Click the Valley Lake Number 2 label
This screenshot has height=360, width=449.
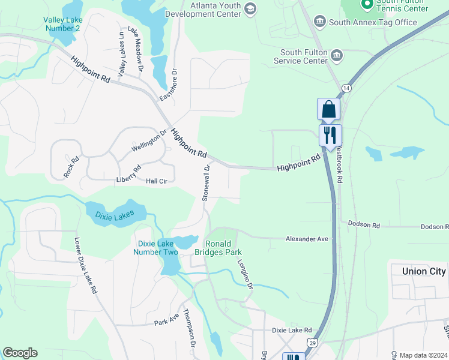62,24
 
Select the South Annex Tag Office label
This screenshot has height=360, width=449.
373,23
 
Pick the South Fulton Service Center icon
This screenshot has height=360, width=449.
337,56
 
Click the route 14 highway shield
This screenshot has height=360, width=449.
346,88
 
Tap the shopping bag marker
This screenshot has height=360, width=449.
328,110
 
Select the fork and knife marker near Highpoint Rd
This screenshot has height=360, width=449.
330,135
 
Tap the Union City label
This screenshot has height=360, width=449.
424,271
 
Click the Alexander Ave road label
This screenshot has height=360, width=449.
307,239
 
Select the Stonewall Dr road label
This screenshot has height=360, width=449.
206,182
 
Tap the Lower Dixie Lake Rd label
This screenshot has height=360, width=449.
85,265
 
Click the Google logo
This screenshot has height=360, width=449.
20,353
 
